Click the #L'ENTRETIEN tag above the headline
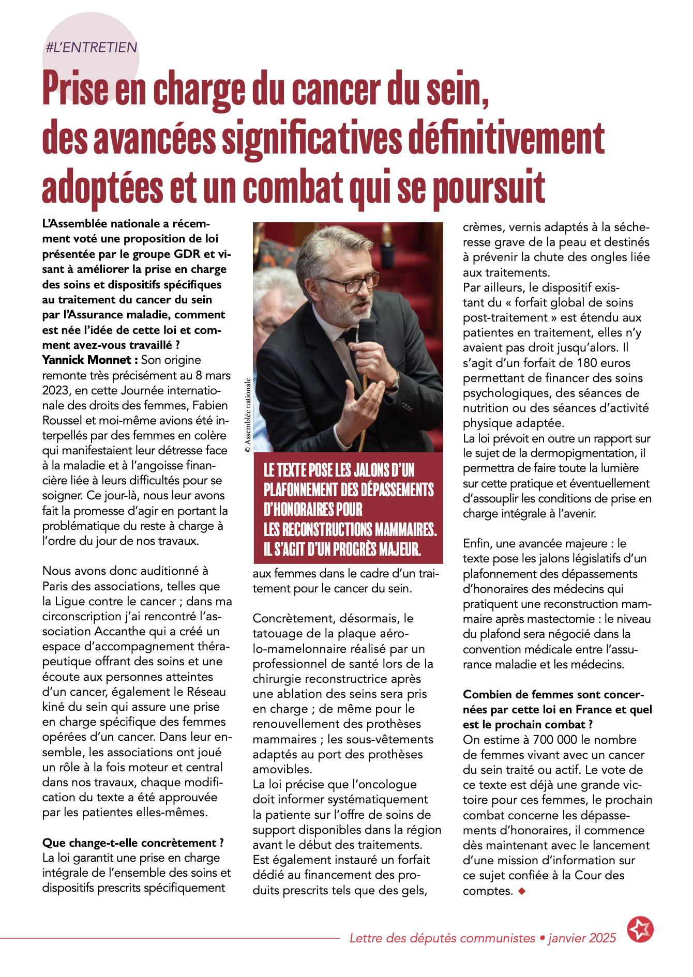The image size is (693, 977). point(92,48)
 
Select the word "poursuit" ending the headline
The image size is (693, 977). point(489,187)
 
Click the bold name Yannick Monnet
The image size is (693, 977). point(86,360)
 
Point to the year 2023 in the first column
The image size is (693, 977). point(56,390)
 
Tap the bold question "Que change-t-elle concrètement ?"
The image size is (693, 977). point(133,843)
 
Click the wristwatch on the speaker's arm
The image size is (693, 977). point(396,381)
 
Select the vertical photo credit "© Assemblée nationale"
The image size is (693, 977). point(248,415)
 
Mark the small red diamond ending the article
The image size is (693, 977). point(521,891)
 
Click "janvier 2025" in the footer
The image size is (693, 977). point(582,938)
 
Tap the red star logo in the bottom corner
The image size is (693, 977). point(640,929)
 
